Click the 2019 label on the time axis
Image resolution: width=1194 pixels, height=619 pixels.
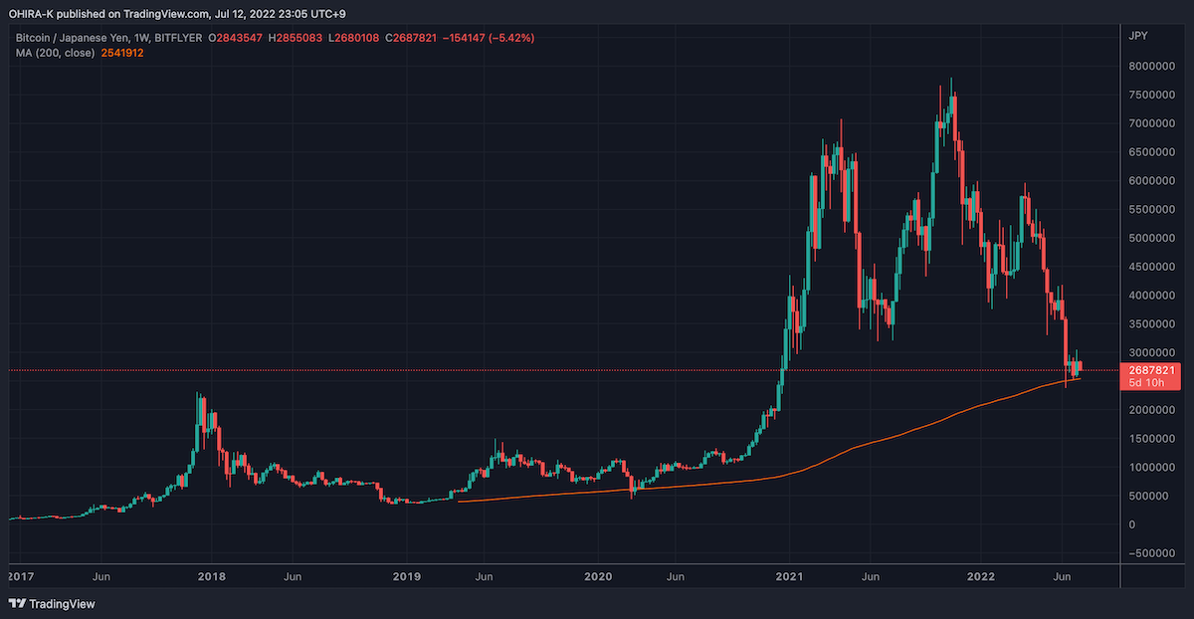(406, 576)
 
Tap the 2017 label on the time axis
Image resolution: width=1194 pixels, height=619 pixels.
(19, 576)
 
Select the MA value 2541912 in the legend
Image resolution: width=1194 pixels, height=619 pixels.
(122, 53)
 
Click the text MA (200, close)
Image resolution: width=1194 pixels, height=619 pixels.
(55, 53)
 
